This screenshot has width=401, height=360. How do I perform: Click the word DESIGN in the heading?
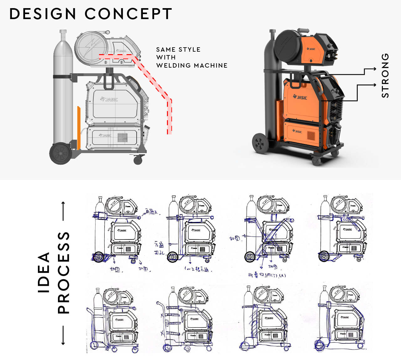(x=43, y=14)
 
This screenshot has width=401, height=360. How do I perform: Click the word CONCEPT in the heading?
(x=128, y=14)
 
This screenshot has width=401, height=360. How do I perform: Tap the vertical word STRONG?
(x=385, y=75)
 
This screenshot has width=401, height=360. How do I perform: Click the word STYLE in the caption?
(x=189, y=49)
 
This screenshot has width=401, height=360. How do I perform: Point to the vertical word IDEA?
(x=44, y=272)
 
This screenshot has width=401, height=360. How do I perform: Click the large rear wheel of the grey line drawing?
(x=61, y=153)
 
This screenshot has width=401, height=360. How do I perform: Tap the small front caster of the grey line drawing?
(x=138, y=161)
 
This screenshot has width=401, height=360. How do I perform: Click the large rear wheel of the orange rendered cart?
(x=260, y=143)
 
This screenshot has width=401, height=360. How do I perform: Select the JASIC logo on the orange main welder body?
(x=300, y=97)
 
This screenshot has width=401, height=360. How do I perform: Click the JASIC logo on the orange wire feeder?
(x=311, y=49)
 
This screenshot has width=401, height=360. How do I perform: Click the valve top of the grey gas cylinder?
(x=63, y=33)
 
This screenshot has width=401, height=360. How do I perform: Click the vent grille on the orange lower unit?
(x=311, y=135)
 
